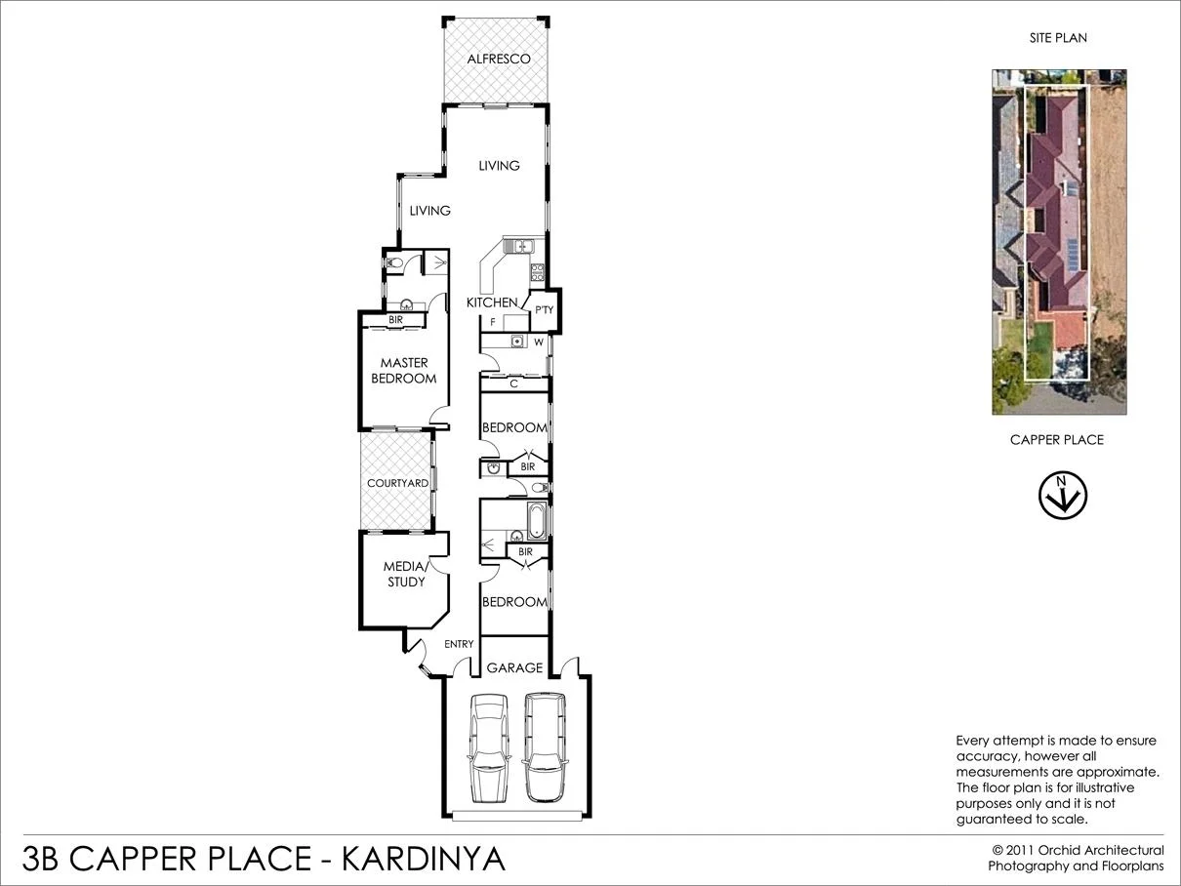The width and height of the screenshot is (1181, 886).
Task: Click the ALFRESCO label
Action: [498, 60]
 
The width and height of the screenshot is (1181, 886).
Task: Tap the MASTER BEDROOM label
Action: [404, 371]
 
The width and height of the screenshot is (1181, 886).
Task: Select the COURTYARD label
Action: [397, 483]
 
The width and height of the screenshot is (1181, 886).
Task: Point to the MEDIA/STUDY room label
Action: [404, 574]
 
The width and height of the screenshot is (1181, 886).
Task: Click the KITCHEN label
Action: [492, 302]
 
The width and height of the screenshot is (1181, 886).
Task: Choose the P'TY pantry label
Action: [544, 310]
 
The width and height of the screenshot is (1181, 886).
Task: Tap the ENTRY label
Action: [459, 644]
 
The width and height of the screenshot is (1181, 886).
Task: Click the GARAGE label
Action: [514, 668]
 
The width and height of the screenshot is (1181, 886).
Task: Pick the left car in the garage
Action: [489, 746]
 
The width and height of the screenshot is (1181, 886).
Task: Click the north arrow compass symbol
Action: [1062, 496]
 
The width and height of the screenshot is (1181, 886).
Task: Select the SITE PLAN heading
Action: [1058, 38]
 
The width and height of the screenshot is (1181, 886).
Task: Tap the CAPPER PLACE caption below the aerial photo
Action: [1056, 440]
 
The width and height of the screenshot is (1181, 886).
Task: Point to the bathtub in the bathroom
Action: [537, 520]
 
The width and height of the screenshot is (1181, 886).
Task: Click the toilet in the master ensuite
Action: [394, 263]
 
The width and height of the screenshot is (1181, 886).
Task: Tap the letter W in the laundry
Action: [538, 342]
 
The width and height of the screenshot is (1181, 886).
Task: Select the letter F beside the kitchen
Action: [493, 322]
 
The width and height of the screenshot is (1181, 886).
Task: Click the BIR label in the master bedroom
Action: [395, 320]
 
